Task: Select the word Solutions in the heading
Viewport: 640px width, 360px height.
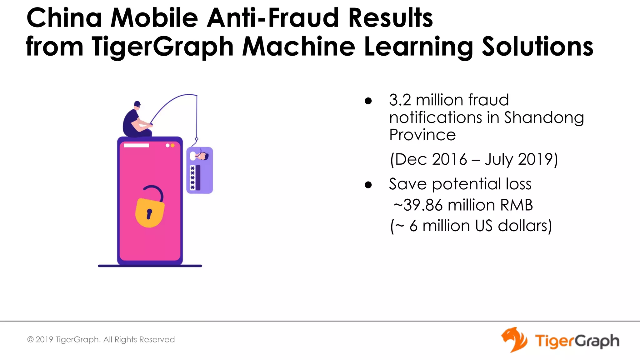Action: click(x=537, y=46)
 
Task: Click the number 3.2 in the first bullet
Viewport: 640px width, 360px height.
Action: click(x=400, y=100)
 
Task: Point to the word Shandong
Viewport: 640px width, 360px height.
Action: click(x=544, y=118)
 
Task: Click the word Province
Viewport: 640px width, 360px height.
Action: click(x=422, y=135)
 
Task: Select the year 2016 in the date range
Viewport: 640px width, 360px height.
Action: click(x=449, y=159)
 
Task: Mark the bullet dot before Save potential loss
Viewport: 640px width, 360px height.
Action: click(x=368, y=185)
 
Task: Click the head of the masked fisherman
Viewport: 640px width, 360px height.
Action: click(x=137, y=104)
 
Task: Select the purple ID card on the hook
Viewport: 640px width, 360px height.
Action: click(x=200, y=170)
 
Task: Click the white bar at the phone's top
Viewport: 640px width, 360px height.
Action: click(x=136, y=145)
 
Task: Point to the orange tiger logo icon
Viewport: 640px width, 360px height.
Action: click(x=514, y=340)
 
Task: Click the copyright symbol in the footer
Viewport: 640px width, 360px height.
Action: click(x=30, y=340)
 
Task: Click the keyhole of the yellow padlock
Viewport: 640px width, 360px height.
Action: click(x=149, y=214)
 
